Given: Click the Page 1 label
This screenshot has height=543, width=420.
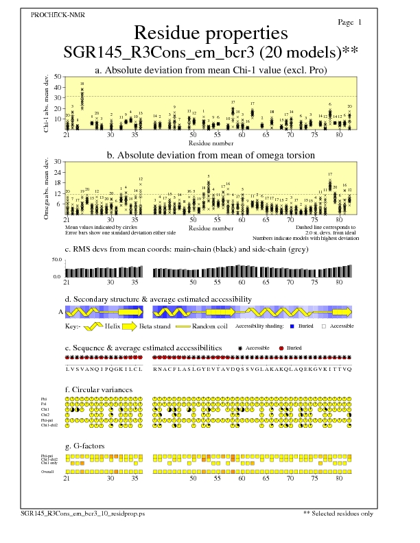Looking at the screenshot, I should [x=350, y=23].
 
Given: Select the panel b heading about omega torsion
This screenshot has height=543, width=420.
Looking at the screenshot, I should [x=210, y=155].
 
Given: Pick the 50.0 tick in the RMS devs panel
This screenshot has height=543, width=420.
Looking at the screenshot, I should [x=57, y=261].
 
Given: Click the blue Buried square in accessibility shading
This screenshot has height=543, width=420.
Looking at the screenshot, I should [x=292, y=326].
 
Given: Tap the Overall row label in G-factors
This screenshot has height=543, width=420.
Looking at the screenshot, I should [x=47, y=471].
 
